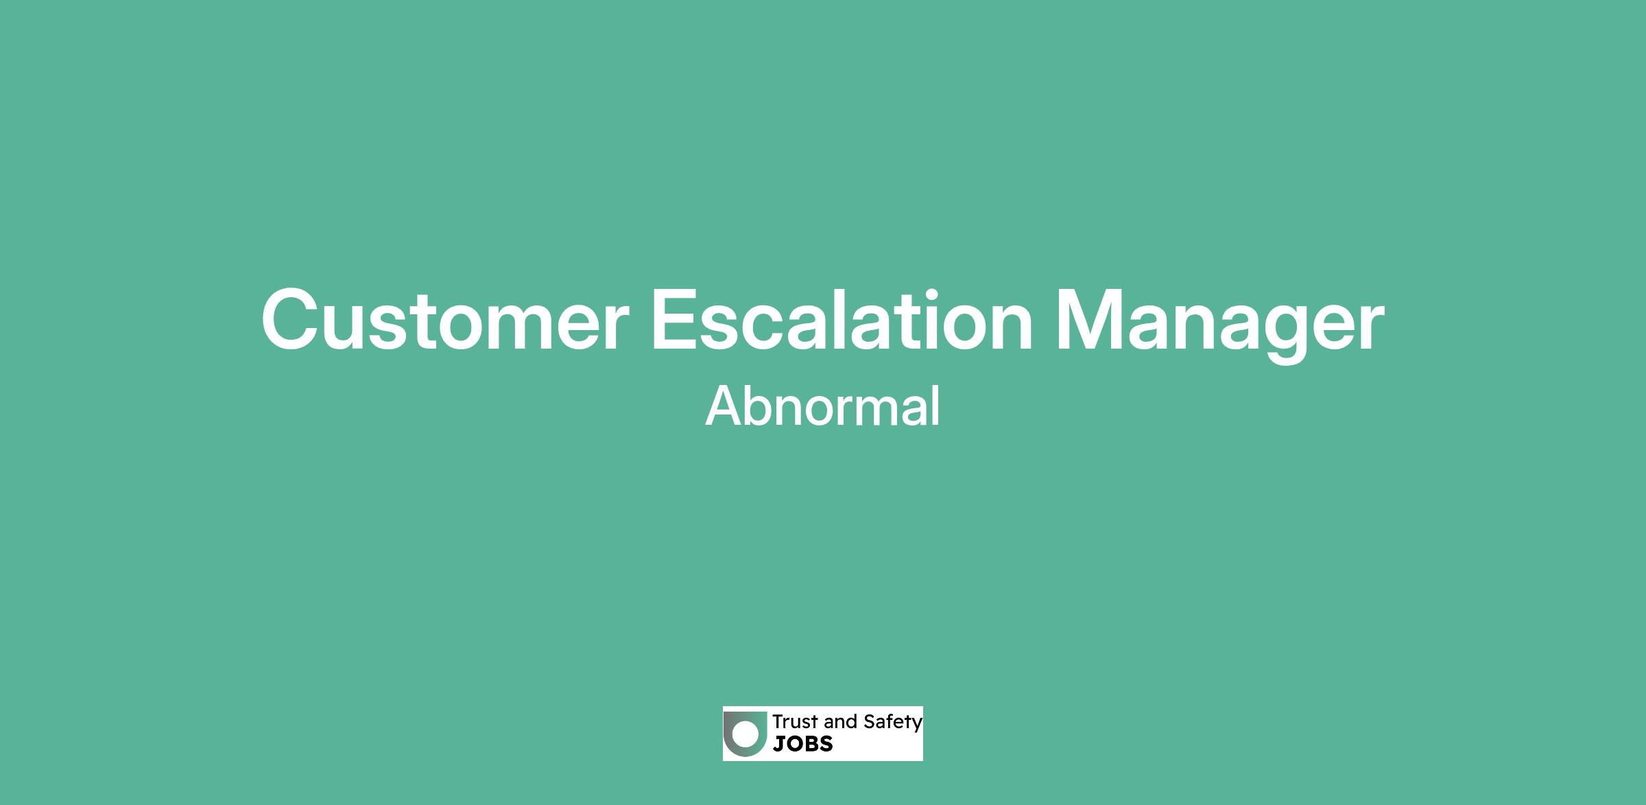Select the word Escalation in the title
(x=842, y=320)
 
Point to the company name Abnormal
(x=822, y=406)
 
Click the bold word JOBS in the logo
(x=802, y=743)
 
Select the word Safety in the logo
(x=893, y=723)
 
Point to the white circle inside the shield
(x=746, y=733)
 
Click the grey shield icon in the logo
(x=745, y=734)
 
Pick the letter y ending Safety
(x=917, y=725)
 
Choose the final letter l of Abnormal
(x=936, y=406)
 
